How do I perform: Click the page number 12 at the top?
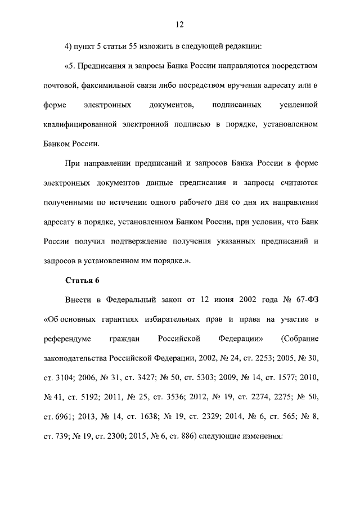(179, 24)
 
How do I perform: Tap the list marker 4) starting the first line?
(69, 46)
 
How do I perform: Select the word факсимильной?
(106, 85)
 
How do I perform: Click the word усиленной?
(298, 105)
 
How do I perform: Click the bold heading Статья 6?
(82, 280)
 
